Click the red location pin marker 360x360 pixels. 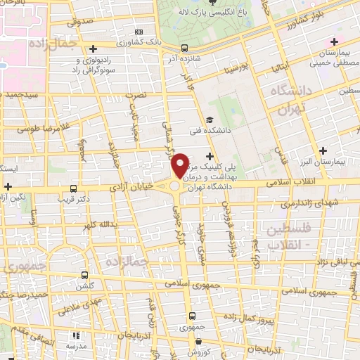[x=180, y=166]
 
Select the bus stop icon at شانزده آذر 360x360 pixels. [x=184, y=49]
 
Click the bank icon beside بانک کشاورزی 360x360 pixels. [x=138, y=32]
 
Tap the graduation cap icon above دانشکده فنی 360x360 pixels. [x=209, y=120]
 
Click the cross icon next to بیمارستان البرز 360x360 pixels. [x=323, y=150]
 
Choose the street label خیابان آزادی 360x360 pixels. [x=131, y=188]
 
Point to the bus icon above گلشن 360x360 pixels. [x=85, y=275]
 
